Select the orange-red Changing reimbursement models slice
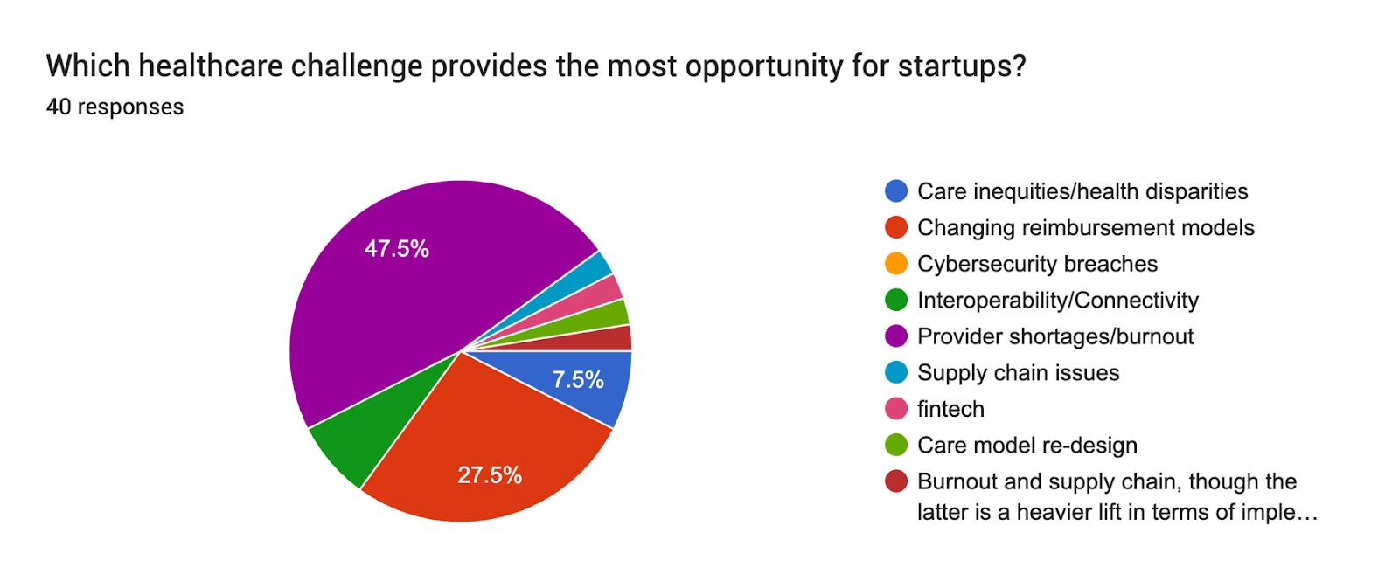(x=472, y=437)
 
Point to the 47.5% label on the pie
(x=396, y=249)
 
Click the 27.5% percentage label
(x=489, y=475)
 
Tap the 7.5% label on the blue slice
(x=578, y=380)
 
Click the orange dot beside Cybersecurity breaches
(x=896, y=264)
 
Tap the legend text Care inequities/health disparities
(x=1082, y=191)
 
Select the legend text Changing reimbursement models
(x=1085, y=228)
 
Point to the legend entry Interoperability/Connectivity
(x=1057, y=301)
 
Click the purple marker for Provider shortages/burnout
(x=896, y=336)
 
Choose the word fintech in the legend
(x=950, y=409)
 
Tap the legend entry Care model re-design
(x=1027, y=446)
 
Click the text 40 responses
(x=115, y=107)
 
